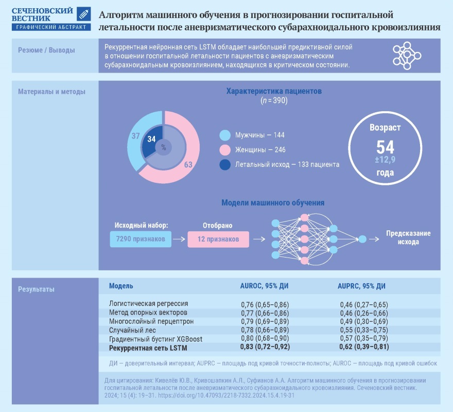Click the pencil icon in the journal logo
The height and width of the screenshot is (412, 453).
(x=84, y=14)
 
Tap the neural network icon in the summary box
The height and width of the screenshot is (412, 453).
(x=407, y=56)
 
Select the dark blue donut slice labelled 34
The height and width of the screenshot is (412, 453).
(x=152, y=141)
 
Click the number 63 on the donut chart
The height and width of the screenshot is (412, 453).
(x=188, y=164)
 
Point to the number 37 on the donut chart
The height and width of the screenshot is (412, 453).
(x=136, y=136)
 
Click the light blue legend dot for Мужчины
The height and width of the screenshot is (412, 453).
(x=225, y=135)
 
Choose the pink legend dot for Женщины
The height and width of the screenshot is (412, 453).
(x=225, y=150)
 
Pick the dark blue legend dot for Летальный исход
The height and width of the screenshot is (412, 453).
(x=225, y=164)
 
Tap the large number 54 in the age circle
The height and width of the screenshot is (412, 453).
(x=385, y=147)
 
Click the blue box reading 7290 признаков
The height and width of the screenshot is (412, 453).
(x=141, y=239)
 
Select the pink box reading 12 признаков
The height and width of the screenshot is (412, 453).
(x=218, y=239)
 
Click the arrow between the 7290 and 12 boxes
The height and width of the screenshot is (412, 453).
(x=179, y=239)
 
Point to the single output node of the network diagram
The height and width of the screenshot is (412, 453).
(x=362, y=239)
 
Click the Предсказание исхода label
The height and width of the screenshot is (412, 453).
(x=408, y=237)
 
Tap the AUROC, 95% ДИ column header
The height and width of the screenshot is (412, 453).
(x=265, y=286)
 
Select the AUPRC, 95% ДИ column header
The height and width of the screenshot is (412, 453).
(x=361, y=286)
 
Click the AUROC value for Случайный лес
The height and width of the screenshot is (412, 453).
(x=265, y=330)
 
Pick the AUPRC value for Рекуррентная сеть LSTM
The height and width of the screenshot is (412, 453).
(x=364, y=347)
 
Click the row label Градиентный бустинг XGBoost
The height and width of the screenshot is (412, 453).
(x=155, y=339)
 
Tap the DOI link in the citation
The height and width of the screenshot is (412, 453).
(x=226, y=395)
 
